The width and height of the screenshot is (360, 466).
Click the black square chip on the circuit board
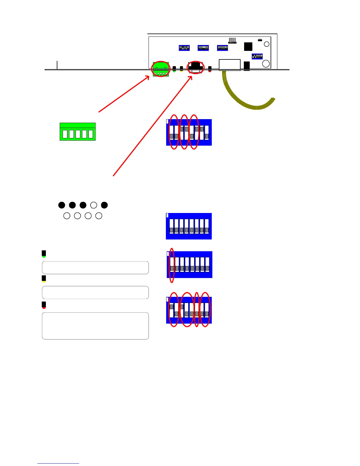248,46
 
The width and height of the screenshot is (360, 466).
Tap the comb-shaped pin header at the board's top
232,41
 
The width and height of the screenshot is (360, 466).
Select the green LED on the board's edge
174,69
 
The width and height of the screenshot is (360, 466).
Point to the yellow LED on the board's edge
181,69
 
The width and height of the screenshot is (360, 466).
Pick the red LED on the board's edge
210,69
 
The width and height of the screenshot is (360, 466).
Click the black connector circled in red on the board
196,67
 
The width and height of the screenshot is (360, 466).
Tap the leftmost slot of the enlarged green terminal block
65,134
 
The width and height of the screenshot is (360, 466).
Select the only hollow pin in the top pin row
94,205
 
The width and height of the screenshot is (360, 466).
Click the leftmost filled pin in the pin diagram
61,205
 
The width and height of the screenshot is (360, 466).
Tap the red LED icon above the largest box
44,305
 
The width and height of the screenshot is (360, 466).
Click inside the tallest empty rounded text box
95,326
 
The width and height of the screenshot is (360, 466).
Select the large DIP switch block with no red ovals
189,226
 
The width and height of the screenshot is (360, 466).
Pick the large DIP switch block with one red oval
190,264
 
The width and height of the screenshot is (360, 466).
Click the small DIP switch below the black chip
257,56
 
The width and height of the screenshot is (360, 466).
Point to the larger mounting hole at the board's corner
266,64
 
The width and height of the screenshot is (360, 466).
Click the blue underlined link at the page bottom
58,463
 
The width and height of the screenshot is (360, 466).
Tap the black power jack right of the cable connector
247,66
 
